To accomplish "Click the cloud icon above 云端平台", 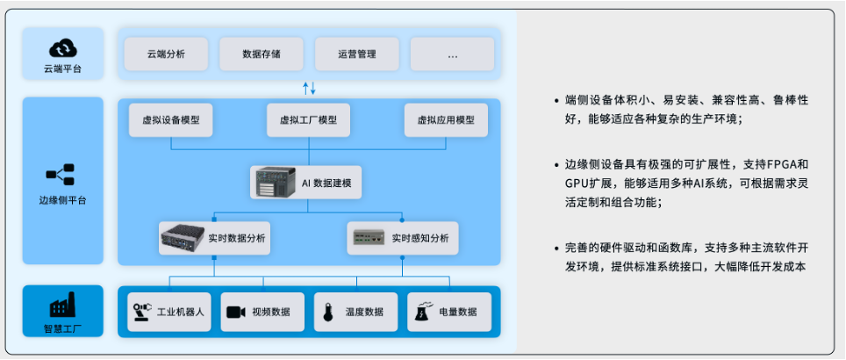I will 62,47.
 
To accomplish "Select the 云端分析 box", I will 166,54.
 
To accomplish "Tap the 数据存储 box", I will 262,54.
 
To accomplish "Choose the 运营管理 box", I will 357,54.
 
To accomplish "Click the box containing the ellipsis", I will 452,54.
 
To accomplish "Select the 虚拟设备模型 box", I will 171,120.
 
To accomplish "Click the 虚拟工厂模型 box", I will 308,120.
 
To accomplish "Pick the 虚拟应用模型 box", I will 446,120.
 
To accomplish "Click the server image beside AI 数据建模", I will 270,182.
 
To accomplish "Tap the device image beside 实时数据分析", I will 182,237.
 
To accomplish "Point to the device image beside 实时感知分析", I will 369,237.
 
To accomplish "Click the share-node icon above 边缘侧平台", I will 63,174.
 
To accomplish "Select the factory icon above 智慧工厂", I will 63,306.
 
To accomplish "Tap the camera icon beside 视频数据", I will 235,312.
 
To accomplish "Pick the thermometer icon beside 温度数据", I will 329,312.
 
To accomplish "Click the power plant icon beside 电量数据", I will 422,312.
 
